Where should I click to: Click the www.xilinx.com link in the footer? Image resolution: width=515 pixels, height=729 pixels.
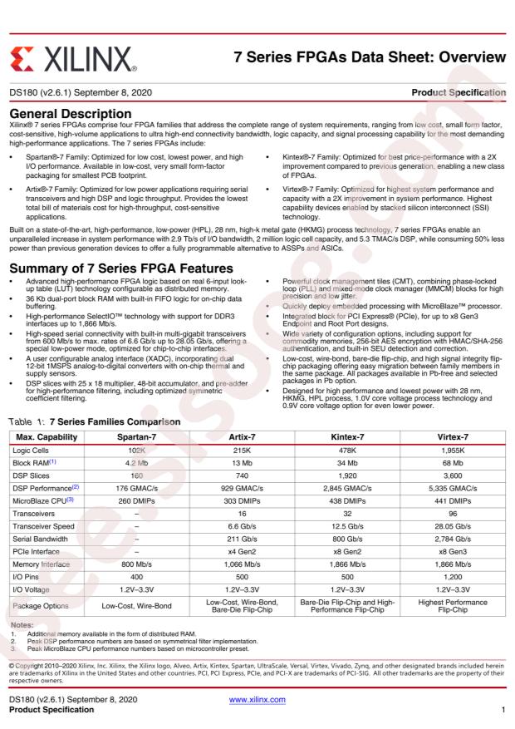tap(257, 700)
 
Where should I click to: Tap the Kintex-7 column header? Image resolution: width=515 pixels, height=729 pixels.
tap(351, 436)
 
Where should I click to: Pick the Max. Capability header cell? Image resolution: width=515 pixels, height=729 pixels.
tap(47, 436)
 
